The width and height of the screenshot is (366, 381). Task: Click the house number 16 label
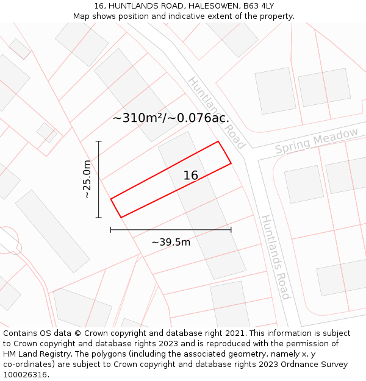click(x=191, y=176)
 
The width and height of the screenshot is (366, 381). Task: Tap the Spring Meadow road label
click(x=317, y=141)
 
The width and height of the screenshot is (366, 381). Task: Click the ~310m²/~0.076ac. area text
click(x=171, y=118)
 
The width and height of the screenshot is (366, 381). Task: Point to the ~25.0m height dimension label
click(x=87, y=179)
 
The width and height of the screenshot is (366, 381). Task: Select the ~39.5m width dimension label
click(x=171, y=242)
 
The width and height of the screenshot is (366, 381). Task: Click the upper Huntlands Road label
click(x=217, y=112)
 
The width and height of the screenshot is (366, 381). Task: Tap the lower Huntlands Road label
click(x=275, y=257)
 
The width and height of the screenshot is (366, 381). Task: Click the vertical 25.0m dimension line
click(x=99, y=183)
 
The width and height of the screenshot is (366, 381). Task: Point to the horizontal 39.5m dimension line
click(x=171, y=230)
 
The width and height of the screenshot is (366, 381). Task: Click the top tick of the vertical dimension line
click(x=99, y=141)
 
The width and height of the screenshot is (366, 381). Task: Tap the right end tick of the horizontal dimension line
click(x=231, y=230)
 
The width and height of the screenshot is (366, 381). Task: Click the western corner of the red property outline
click(x=111, y=199)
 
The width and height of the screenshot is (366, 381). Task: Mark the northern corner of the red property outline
click(x=218, y=141)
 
